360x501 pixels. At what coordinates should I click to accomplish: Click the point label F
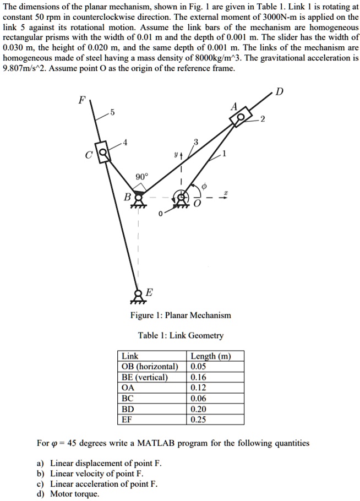point(82,100)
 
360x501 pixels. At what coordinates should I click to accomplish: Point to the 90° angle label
point(141,177)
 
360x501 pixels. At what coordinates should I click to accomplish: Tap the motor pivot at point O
point(181,198)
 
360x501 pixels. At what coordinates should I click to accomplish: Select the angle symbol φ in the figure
point(203,187)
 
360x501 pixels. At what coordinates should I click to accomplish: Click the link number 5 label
point(112,113)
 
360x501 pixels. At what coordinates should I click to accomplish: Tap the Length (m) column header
point(209,356)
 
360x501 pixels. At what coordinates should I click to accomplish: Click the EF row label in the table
point(127,419)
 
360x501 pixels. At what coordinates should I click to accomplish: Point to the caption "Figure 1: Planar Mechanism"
point(181,315)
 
